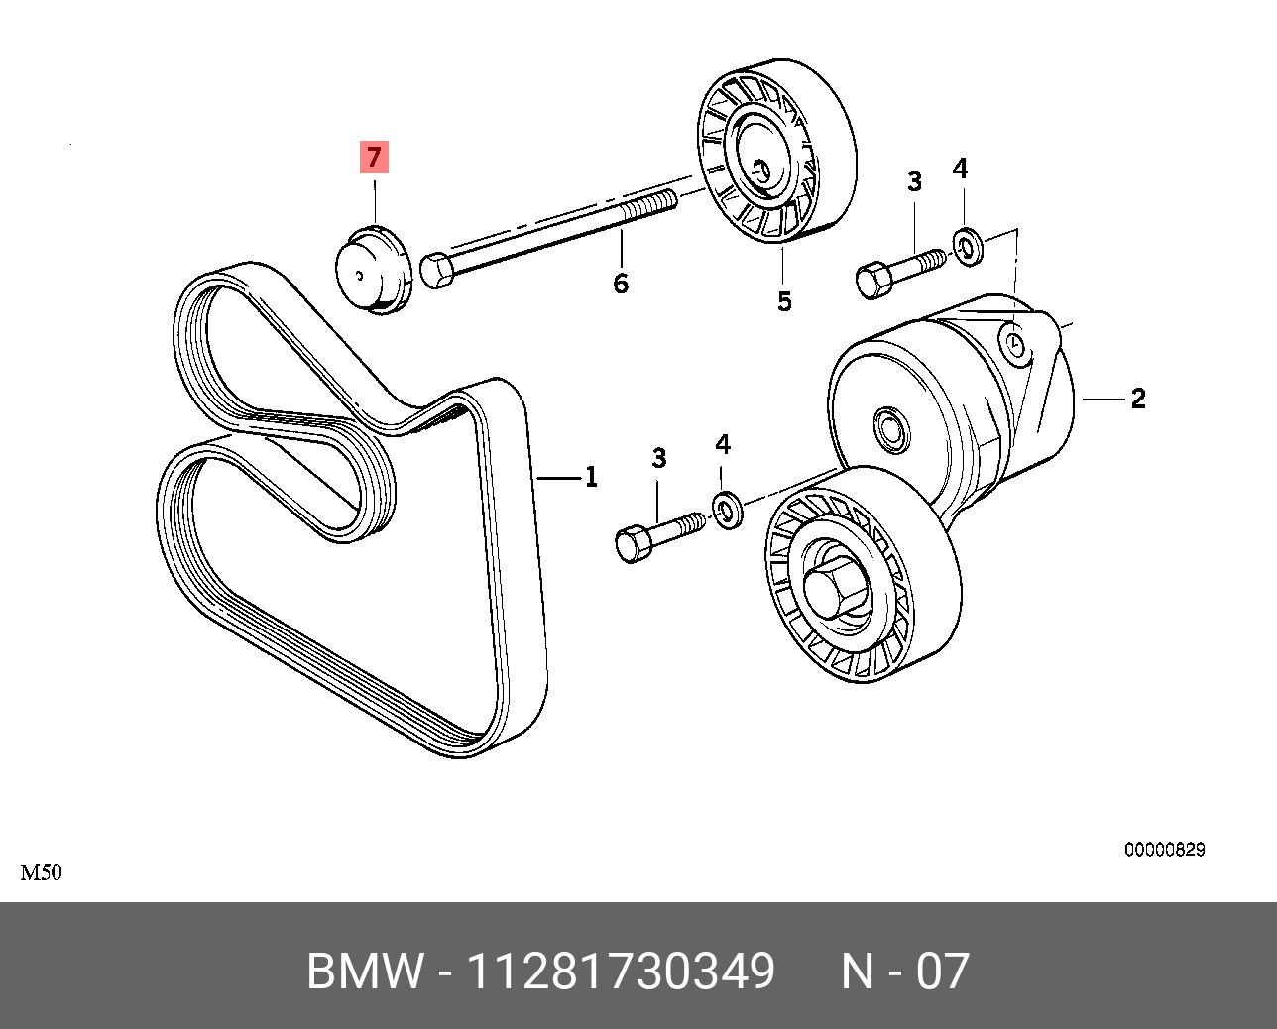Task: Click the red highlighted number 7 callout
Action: [374, 157]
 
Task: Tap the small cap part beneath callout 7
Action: [372, 271]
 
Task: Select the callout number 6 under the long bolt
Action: [621, 284]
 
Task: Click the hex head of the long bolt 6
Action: [437, 270]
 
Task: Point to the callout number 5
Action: [784, 301]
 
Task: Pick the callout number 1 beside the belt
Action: [591, 477]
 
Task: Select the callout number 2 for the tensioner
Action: [1138, 399]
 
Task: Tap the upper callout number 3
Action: [914, 181]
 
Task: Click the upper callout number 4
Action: [960, 169]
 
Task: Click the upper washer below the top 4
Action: [967, 245]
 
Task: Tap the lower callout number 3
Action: [659, 458]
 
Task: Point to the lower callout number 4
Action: [723, 445]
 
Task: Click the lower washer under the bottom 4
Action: [728, 510]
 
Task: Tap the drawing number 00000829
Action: [1164, 850]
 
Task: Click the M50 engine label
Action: [42, 873]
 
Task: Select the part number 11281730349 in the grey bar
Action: [620, 971]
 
